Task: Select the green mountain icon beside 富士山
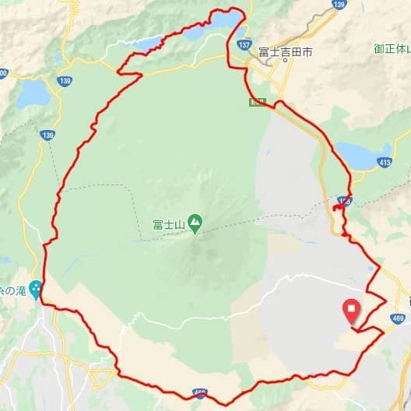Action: pos(194,223)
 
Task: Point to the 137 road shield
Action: pos(245,45)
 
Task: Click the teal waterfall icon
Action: pos(35,287)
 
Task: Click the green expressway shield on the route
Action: pos(256,102)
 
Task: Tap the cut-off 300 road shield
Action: pos(2,74)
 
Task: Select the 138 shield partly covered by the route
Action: pos(343,201)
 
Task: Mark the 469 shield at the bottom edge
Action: pos(202,395)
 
